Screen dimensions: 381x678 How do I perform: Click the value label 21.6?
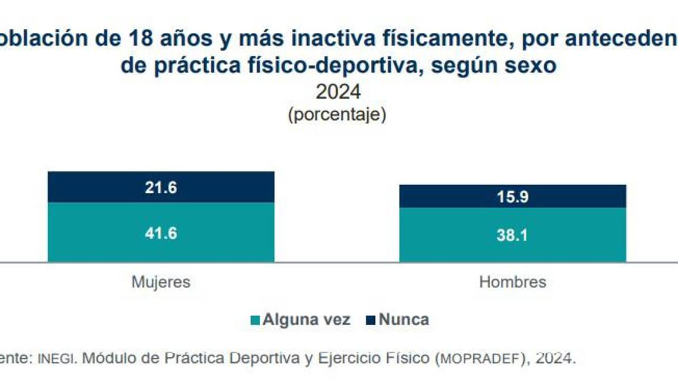pos(161,188)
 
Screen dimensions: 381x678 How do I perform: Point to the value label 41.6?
pos(161,233)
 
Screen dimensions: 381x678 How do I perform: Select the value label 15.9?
pos(513,197)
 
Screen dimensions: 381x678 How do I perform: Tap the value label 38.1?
pos(513,235)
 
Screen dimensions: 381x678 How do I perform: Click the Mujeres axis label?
pos(161,282)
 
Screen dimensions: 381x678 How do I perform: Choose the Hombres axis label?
pos(513,282)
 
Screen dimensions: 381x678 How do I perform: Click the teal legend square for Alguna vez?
pos(255,320)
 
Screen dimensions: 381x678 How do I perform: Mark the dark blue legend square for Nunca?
pos(370,320)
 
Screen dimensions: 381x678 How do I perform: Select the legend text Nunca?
pos(404,320)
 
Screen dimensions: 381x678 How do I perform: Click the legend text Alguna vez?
pos(306,320)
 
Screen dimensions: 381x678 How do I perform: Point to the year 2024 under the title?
pos(338,92)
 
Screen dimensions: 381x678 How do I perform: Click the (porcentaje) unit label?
pos(337,114)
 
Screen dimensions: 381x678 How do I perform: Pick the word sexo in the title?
pos(533,66)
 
